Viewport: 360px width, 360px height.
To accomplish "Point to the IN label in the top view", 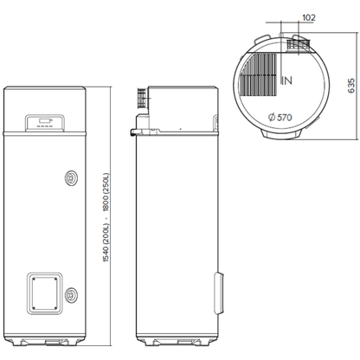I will coord(286,80).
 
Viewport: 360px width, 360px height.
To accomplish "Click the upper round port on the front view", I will coord(70,177).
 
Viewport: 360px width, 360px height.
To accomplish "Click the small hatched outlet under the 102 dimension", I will coord(299,42).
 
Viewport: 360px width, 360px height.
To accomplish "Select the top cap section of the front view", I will coord(46,108).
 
